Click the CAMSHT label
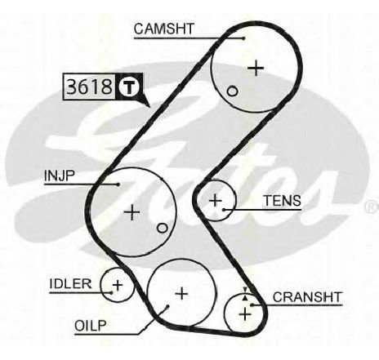pos(164,29)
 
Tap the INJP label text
pos(59,176)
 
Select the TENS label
pos(283,201)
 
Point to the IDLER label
pos(70,284)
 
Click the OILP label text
pos(91,326)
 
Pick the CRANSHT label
pos(307,297)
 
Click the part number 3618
pos(89,87)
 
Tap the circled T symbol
pos(129,87)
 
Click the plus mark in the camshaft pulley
pos(256,68)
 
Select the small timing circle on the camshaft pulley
pos(232,91)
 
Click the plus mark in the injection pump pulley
pos(132,212)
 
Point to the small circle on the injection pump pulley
pos(162,228)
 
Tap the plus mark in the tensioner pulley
pos(216,201)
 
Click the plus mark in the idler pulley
pos(118,285)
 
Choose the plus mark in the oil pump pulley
pos(181,294)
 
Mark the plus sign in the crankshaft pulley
pos(245,314)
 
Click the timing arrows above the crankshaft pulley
pos(245,294)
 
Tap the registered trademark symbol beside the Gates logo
pos(371,207)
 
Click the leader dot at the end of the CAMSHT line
pos(243,38)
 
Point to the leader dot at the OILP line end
pos(167,306)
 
